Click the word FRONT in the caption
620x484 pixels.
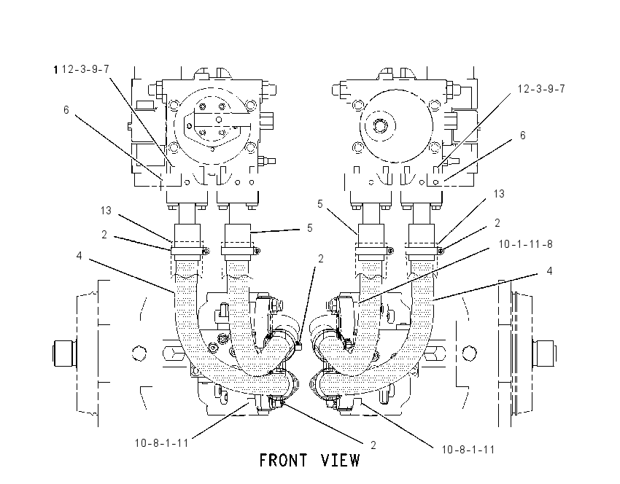coord(283,461)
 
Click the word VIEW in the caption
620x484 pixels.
coord(341,461)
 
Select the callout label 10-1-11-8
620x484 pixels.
coord(525,244)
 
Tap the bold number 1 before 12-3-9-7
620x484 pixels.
coord(55,70)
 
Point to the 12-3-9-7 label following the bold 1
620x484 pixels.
coord(85,69)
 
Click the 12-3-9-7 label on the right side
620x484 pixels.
coord(541,89)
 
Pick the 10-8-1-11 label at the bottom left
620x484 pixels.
coord(162,443)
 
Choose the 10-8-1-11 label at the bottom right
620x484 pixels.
coord(468,450)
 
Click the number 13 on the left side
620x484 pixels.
coord(106,211)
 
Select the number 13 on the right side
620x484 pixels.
coord(499,194)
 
